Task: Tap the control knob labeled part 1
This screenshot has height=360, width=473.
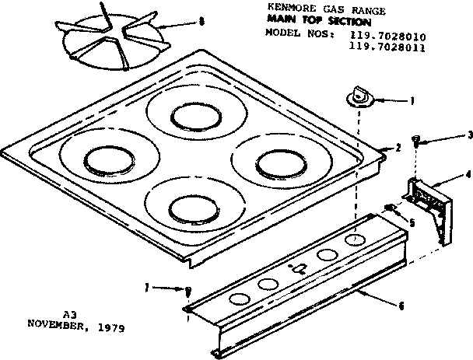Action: (359, 96)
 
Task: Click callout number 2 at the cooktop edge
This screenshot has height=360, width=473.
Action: (398, 147)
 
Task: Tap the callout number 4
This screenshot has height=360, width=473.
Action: (468, 174)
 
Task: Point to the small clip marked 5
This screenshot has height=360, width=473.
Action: (391, 207)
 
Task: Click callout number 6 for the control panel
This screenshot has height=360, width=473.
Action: (401, 306)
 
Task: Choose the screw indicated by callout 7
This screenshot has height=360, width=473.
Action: (188, 291)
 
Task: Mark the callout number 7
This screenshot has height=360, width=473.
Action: (146, 288)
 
